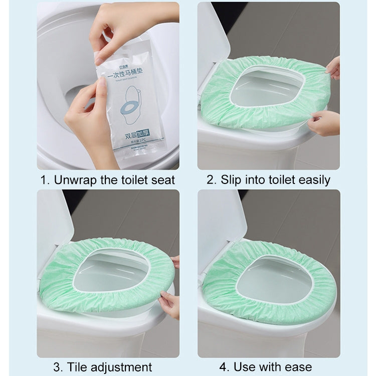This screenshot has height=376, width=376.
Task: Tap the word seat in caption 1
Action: point(161,180)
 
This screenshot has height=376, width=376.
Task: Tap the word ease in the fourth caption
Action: point(295,366)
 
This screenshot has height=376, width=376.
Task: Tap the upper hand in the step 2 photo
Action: point(332,68)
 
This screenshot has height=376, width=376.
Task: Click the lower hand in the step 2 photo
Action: point(323,123)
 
